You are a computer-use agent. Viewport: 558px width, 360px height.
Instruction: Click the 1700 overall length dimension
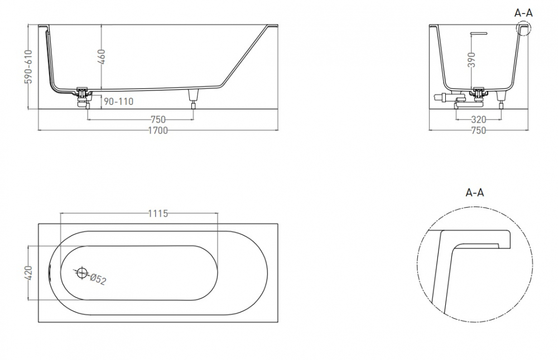pos(158,131)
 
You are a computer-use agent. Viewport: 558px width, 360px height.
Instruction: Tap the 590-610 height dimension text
pos(29,66)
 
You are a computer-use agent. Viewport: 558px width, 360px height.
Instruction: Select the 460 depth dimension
pos(102,56)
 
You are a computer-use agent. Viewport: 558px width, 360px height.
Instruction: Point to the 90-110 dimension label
pos(118,102)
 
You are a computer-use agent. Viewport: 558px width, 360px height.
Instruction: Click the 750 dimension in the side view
pos(158,119)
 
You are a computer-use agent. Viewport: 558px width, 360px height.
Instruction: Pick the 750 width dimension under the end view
pos(478,131)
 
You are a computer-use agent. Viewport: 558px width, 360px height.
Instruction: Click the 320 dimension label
pos(478,119)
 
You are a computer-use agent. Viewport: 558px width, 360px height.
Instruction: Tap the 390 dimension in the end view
pos(472,60)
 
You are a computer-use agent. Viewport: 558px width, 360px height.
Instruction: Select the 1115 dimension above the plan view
pos(158,213)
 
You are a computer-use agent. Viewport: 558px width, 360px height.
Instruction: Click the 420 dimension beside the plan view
pos(29,273)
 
